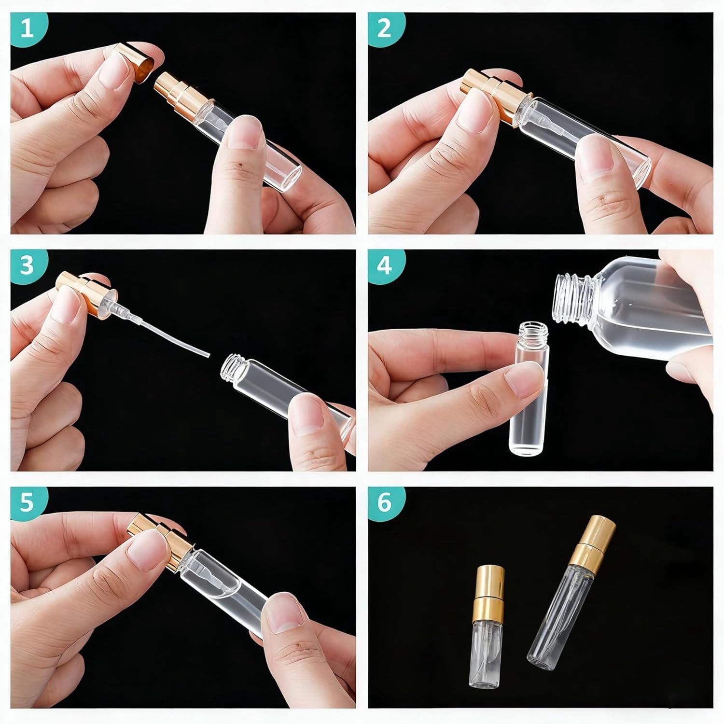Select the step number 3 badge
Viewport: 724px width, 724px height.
[26, 265]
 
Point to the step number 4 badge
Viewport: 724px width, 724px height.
[384, 265]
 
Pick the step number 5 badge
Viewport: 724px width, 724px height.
[27, 502]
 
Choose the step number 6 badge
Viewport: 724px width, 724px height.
[385, 502]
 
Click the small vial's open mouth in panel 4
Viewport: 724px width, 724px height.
[532, 329]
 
